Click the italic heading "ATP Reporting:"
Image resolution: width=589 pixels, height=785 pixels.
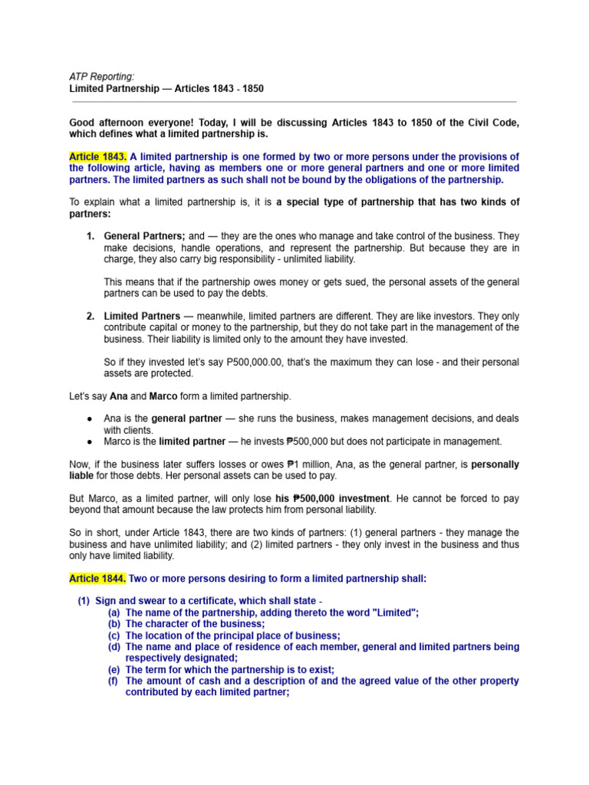(101, 77)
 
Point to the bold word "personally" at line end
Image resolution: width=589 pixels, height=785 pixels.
(495, 465)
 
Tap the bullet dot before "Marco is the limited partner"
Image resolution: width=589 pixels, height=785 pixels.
(90, 442)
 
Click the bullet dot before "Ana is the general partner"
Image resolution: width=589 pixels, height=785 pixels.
(90, 419)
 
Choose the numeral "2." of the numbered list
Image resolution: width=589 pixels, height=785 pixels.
(90, 316)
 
